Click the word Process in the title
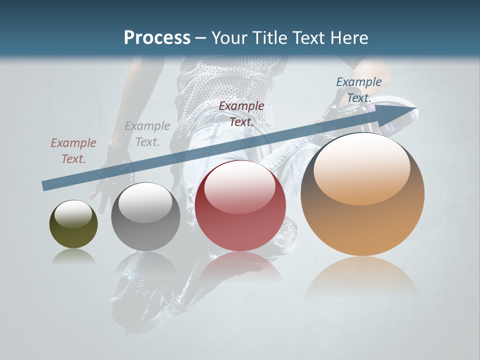click(157, 38)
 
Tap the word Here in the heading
click(348, 38)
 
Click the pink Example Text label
click(73, 151)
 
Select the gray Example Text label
click(147, 134)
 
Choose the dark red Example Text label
click(241, 113)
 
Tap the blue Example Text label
click(358, 90)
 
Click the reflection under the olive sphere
click(73, 257)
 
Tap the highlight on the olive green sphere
click(73, 214)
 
